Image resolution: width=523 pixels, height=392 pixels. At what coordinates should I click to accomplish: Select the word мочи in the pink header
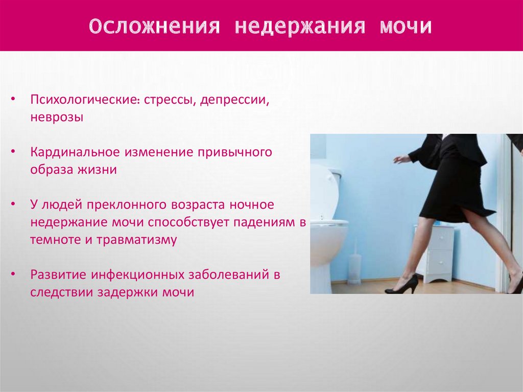(405, 26)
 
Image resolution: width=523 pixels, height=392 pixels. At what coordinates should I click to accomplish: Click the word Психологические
(86, 100)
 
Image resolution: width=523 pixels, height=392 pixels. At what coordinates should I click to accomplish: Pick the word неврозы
(57, 118)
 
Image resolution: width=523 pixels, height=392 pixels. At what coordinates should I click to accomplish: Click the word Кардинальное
(75, 152)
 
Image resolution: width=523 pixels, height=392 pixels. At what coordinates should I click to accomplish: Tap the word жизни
(97, 170)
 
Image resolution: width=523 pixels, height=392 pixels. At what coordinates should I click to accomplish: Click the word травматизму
(136, 240)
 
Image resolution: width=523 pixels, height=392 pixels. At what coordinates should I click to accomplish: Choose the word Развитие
(58, 274)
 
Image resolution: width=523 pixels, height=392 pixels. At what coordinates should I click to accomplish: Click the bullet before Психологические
(13, 100)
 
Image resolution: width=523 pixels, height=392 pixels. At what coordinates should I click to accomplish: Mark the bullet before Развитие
(13, 274)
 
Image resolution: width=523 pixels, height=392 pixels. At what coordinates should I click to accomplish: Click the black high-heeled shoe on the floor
(401, 285)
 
